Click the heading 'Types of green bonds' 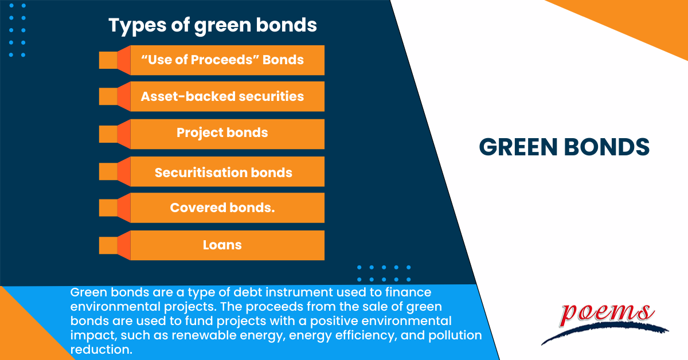(x=213, y=25)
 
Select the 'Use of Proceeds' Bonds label (x=222, y=60)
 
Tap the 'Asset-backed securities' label (x=222, y=96)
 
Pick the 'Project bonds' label (x=222, y=133)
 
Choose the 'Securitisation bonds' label (x=224, y=172)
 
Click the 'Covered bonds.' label (x=222, y=208)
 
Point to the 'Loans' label (x=222, y=245)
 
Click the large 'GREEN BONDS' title (x=564, y=147)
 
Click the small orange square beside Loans (x=108, y=245)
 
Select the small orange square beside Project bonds (x=108, y=134)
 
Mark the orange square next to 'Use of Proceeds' (x=108, y=60)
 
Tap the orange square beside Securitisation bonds (x=108, y=172)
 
